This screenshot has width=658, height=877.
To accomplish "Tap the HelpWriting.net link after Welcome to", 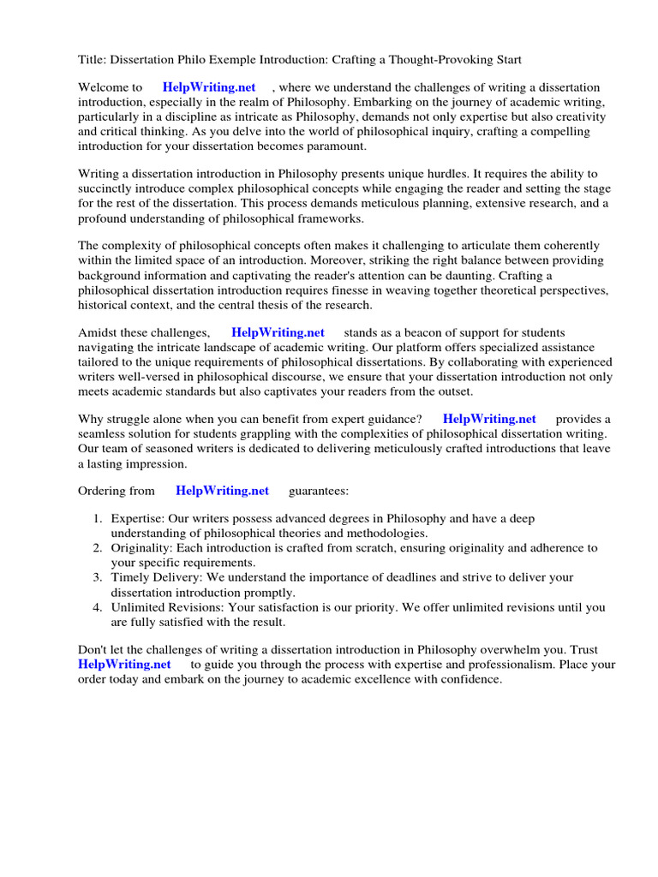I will click(209, 87).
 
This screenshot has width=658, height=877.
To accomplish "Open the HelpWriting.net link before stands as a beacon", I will click(278, 332).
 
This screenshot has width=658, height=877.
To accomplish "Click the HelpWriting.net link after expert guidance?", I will click(489, 419).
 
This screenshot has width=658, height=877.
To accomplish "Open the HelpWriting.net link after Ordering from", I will click(222, 491).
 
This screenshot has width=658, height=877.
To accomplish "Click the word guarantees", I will click(318, 491).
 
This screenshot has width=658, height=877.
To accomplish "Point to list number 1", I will click(98, 519).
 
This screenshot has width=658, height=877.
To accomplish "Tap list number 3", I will click(98, 577).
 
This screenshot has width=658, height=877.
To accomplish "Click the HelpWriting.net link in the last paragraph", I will click(124, 664).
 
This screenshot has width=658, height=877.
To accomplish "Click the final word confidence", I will click(469, 678).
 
